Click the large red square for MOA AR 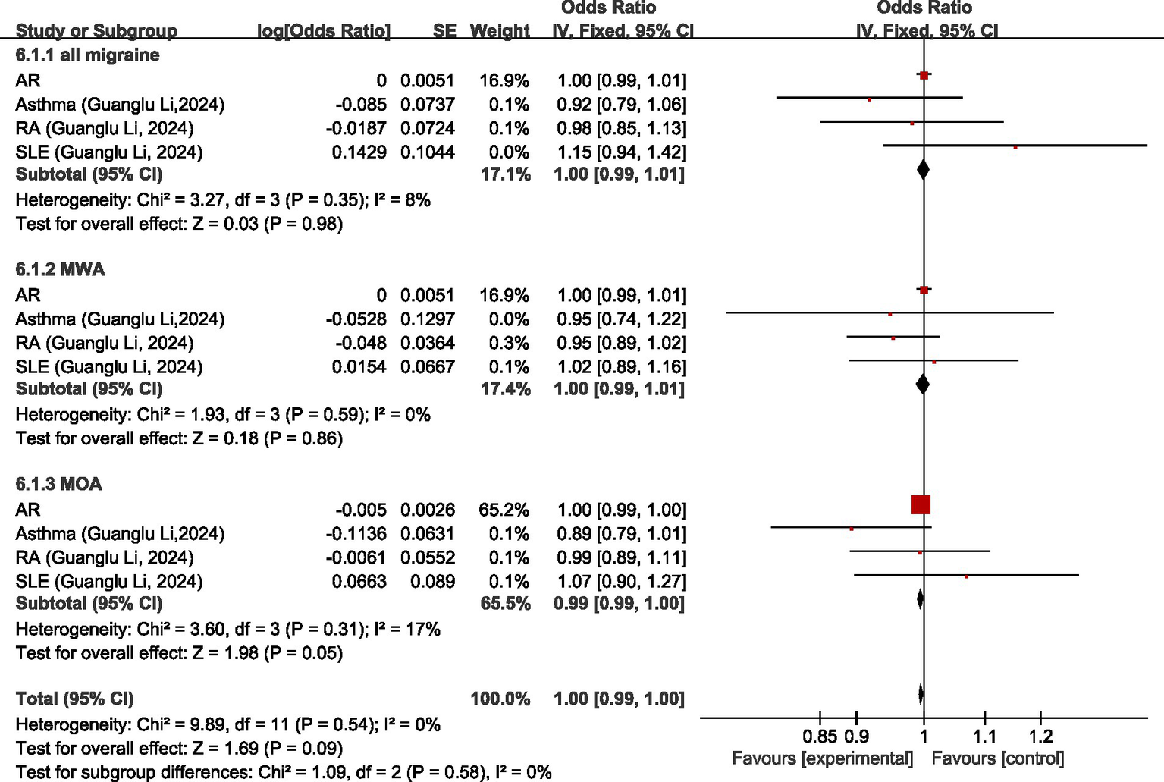pos(921,504)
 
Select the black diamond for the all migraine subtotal pos(923,169)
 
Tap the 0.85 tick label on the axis pos(820,736)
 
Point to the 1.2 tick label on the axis pos(1040,736)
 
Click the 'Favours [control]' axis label pos(997,758)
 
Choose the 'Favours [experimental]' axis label pos(822,758)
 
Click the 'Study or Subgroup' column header pos(96,31)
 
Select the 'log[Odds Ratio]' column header pos(324,31)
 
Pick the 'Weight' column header pos(500,31)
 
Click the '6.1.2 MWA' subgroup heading pos(60,270)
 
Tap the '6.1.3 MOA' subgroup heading pos(58,485)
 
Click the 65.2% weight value pos(504,510)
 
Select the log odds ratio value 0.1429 pos(359,152)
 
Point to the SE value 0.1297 pos(428,319)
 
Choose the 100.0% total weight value pos(500,699)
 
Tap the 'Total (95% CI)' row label pos(74,699)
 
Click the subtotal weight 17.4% pos(505,389)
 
